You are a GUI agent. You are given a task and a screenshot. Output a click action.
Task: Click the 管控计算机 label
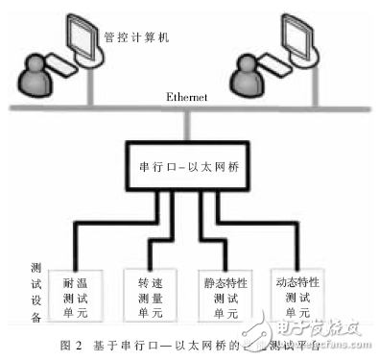tap(136, 38)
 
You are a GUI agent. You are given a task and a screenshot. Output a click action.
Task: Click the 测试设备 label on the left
tap(36, 287)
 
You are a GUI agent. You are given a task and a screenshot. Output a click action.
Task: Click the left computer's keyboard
tap(63, 68)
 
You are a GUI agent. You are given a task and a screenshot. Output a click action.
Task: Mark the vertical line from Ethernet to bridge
tap(188, 126)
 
